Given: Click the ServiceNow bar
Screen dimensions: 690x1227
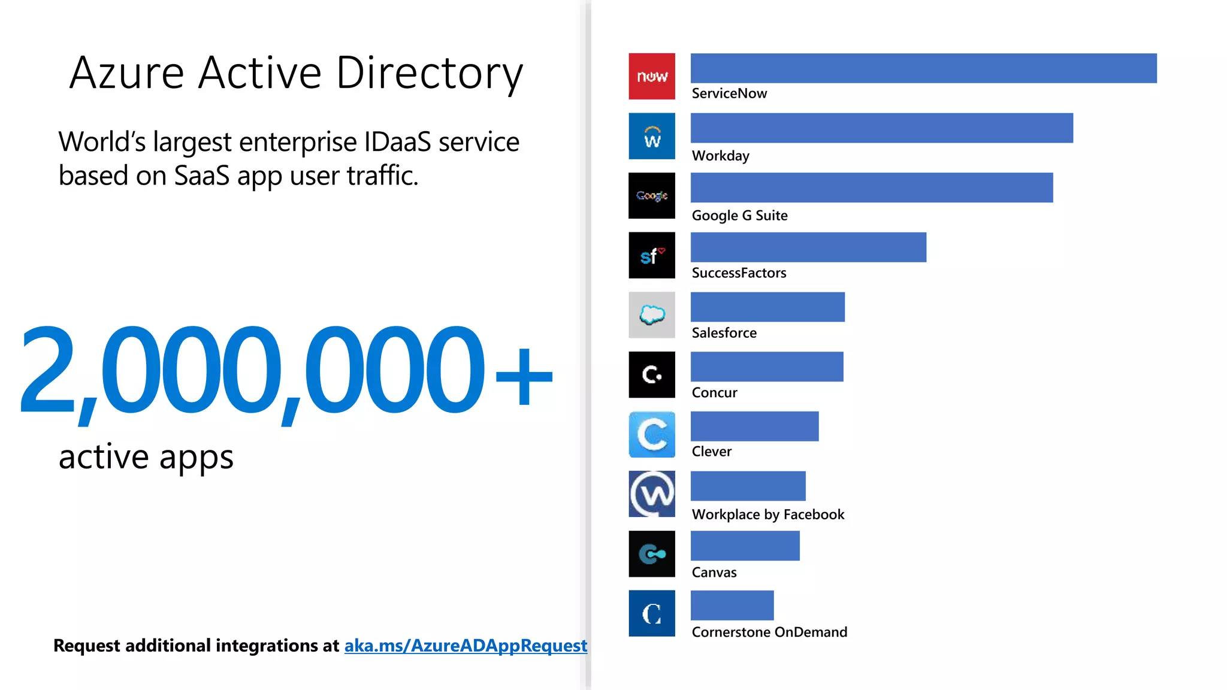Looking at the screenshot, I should pos(923,68).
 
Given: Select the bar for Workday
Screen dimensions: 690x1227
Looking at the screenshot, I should pos(881,128).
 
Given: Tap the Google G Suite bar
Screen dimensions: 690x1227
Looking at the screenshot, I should pos(871,187).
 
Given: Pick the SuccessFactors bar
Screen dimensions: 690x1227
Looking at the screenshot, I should pos(808,247).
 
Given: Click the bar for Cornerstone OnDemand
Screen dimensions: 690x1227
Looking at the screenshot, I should pos(732,606).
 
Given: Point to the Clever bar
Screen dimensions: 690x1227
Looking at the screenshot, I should pos(754,426).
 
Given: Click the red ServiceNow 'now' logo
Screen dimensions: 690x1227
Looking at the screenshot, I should pos(652,77).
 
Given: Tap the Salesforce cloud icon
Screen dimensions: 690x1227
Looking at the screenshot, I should pos(652,315).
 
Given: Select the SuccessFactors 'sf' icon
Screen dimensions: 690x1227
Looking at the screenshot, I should pos(652,256).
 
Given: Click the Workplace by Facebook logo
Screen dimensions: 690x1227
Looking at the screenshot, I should pos(652,494).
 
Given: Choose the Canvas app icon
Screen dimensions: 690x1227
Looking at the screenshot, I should pos(652,554).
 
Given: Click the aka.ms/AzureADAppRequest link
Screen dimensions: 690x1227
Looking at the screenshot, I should pos(466,646).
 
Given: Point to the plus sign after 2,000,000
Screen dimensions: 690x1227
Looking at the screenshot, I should pos(524,376).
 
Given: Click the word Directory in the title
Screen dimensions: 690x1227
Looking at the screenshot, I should pos(430,73).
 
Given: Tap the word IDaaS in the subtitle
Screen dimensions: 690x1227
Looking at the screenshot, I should pos(397,143).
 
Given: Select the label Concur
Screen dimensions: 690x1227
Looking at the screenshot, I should pos(714,393).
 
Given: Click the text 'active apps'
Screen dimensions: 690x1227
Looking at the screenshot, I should pos(146,457).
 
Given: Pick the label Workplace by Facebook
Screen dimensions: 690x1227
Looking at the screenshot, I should pos(767,515).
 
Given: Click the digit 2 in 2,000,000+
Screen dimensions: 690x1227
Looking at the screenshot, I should pos(48,370).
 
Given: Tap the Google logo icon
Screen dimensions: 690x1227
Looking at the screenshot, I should pos(652,196).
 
